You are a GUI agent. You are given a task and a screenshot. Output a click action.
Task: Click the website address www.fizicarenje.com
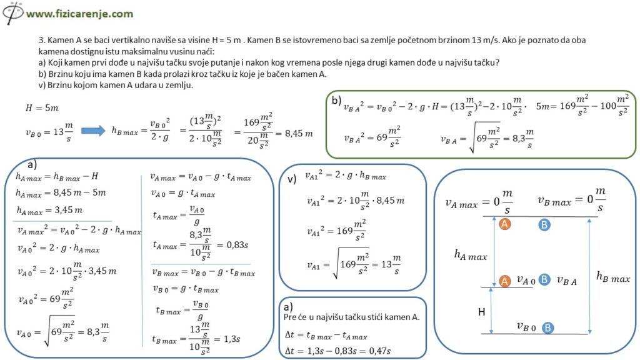pyautogui.click(x=79, y=14)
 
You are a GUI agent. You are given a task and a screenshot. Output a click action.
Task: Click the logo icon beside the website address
pyautogui.click(x=12, y=12)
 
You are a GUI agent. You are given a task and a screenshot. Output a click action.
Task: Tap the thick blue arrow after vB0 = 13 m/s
pyautogui.click(x=93, y=131)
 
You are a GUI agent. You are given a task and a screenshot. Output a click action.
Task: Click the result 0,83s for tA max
pyautogui.click(x=237, y=245)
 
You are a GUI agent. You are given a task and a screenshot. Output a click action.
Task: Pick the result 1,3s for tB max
pyautogui.click(x=232, y=339)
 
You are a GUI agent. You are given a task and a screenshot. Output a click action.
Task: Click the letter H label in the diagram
pyautogui.click(x=482, y=312)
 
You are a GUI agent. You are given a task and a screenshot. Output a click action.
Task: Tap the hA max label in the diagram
pyautogui.click(x=471, y=256)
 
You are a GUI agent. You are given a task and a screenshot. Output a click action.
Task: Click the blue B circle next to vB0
pyautogui.click(x=547, y=327)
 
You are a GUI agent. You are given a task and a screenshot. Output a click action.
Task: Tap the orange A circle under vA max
pyautogui.click(x=505, y=224)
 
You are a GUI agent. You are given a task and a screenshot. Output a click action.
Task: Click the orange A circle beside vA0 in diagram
pyautogui.click(x=505, y=281)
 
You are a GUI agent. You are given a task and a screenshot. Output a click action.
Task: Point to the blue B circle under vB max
pyautogui.click(x=544, y=224)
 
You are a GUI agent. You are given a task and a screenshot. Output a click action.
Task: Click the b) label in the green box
pyautogui.click(x=336, y=101)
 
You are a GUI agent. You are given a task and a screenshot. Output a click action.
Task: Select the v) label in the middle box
pyautogui.click(x=292, y=179)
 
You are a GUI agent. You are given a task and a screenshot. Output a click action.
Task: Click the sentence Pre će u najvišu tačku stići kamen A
pyautogui.click(x=351, y=317)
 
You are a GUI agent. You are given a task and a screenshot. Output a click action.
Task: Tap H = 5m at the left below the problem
pyautogui.click(x=42, y=108)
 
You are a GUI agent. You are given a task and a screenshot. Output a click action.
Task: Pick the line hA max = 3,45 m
pyautogui.click(x=49, y=211)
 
